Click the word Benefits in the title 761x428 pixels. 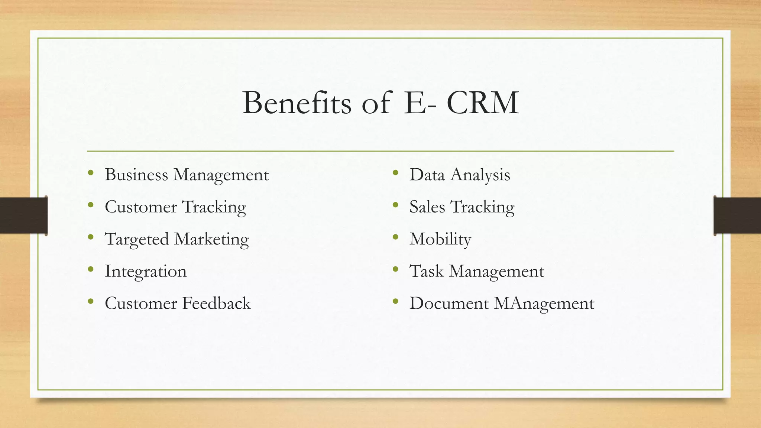click(x=297, y=103)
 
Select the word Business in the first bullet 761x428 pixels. click(x=136, y=175)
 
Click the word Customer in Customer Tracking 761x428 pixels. click(x=141, y=207)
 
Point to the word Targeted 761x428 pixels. click(x=137, y=239)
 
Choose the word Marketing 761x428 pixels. click(x=211, y=239)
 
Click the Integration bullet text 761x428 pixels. click(x=146, y=271)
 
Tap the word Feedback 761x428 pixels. click(x=217, y=304)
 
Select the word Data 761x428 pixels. click(x=427, y=175)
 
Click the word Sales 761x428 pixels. click(x=427, y=207)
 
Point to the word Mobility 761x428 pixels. click(x=440, y=239)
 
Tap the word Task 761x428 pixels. click(x=426, y=271)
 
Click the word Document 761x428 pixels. click(x=449, y=304)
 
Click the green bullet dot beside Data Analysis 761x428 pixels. click(x=395, y=173)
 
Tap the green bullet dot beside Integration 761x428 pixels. click(x=91, y=269)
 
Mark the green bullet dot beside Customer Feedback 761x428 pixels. click(x=91, y=301)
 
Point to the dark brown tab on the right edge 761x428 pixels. click(x=737, y=215)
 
